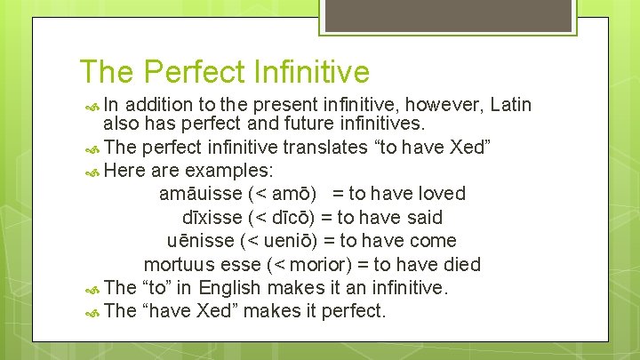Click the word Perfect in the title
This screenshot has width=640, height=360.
click(192, 72)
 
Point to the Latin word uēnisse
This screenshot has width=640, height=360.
click(201, 241)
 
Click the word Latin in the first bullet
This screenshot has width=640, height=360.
click(510, 106)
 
